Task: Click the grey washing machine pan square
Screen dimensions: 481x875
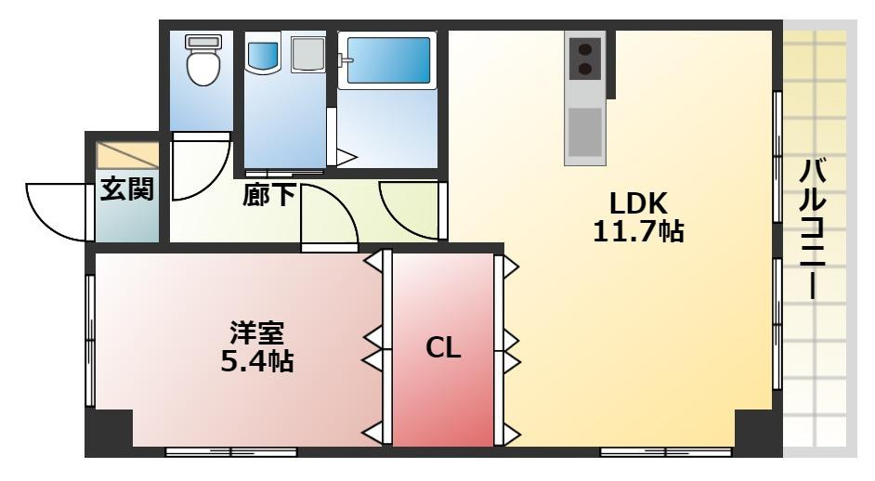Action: (307, 56)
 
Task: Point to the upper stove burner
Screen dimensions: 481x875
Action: (584, 48)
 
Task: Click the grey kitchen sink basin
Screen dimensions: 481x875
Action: (584, 130)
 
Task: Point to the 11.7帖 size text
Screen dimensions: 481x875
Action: (638, 231)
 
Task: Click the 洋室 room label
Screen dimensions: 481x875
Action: (255, 331)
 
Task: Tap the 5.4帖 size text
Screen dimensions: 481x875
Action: (255, 360)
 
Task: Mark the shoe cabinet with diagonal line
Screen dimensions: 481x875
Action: (127, 155)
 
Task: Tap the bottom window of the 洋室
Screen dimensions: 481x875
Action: (230, 452)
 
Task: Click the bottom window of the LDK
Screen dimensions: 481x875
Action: (665, 452)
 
